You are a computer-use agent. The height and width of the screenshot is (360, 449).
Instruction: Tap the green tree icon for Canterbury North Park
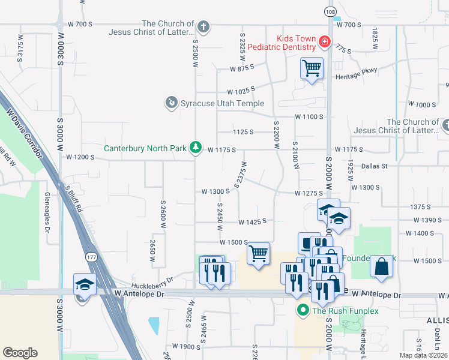tap(195, 147)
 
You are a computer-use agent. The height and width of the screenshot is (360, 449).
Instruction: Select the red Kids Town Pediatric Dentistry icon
tap(324, 41)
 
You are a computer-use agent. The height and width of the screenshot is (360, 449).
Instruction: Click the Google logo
tap(20, 353)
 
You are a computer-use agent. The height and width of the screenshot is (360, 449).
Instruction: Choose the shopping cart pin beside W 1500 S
tap(258, 253)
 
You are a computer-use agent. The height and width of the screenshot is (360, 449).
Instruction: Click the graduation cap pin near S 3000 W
tap(85, 284)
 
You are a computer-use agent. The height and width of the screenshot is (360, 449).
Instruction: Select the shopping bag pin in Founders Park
tap(382, 266)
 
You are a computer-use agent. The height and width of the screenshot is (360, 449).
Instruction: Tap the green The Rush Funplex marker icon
tap(303, 310)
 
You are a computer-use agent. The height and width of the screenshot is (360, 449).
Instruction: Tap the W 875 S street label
tap(244, 70)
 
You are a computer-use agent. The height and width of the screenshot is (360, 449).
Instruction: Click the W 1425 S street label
tap(252, 222)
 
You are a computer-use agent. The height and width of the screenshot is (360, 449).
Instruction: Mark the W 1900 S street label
tap(186, 347)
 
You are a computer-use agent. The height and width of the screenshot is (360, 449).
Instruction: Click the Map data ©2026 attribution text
tap(423, 355)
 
